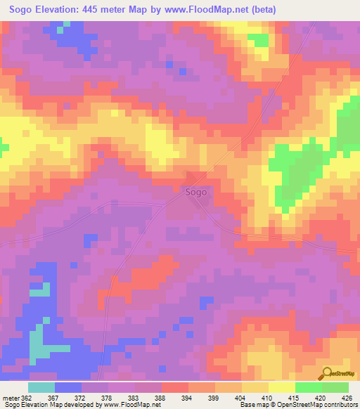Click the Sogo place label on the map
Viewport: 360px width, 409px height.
coord(196,192)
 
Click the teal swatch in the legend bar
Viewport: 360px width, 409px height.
coord(41,387)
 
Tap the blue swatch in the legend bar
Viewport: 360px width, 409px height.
coord(68,387)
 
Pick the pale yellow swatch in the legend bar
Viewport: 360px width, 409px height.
coord(282,387)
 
